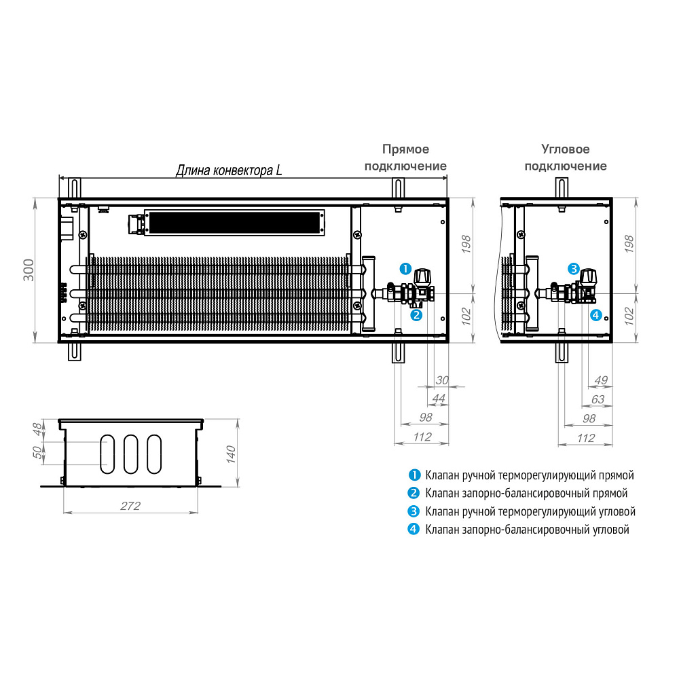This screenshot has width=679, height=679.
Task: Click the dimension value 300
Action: [x=29, y=270]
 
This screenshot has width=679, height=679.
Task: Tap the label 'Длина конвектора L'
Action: [x=229, y=170]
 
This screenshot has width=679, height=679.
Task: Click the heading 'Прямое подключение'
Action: [x=405, y=158]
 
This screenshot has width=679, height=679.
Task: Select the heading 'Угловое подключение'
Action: [x=566, y=158]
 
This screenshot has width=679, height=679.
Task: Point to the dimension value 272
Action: [x=130, y=506]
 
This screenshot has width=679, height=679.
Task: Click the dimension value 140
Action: [x=231, y=454]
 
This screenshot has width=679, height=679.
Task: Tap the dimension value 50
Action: [x=38, y=452]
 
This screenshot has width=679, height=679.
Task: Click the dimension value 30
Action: [x=442, y=380]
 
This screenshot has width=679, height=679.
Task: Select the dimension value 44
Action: [x=439, y=399]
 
